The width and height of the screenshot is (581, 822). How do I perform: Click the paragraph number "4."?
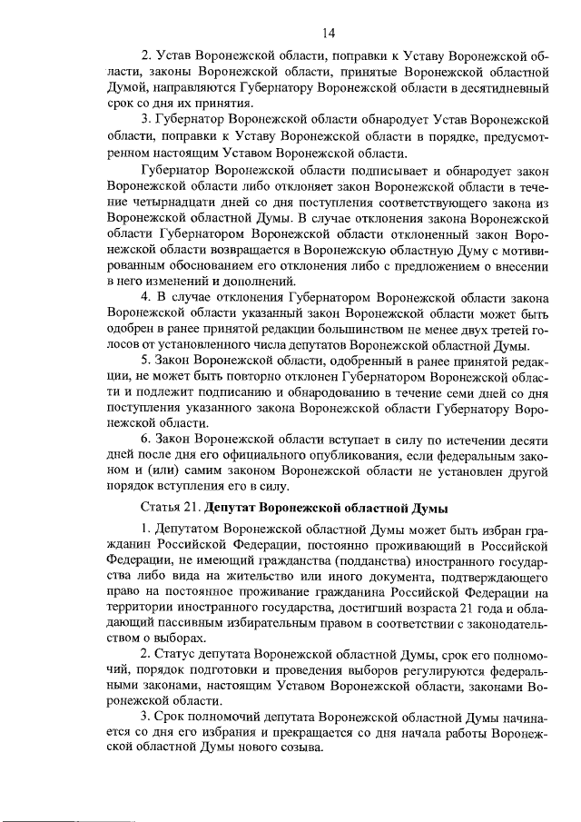click(148, 297)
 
